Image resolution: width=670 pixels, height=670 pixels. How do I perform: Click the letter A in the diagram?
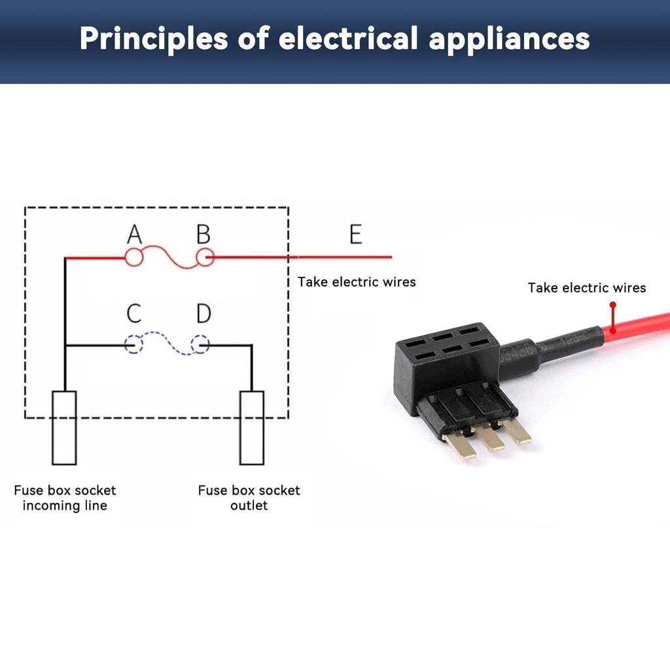point(134,234)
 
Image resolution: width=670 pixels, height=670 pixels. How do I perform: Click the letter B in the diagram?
point(203,234)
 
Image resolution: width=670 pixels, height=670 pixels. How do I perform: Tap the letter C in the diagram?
point(134,313)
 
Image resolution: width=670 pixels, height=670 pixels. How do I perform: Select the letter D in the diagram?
point(203,313)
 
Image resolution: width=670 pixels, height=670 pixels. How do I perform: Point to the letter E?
point(355,234)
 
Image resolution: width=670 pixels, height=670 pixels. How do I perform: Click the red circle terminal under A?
point(134,258)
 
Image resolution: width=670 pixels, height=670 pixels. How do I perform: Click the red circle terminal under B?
point(205,258)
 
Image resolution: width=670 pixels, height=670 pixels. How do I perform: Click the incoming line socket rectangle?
point(64,427)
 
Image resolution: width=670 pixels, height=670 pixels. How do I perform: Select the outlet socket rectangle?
point(252,427)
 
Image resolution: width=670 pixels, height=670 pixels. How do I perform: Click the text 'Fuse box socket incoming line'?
point(65,498)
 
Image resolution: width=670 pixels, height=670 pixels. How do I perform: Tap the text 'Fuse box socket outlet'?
point(249,498)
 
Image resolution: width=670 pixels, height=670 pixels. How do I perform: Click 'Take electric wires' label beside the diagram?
point(357,282)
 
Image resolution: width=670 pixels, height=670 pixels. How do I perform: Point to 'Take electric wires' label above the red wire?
point(587,288)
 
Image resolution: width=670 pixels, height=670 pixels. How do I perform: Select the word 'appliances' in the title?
point(509,39)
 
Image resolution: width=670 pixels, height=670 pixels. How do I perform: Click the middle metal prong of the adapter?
point(489,438)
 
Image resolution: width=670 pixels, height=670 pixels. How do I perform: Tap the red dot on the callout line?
point(613,305)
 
